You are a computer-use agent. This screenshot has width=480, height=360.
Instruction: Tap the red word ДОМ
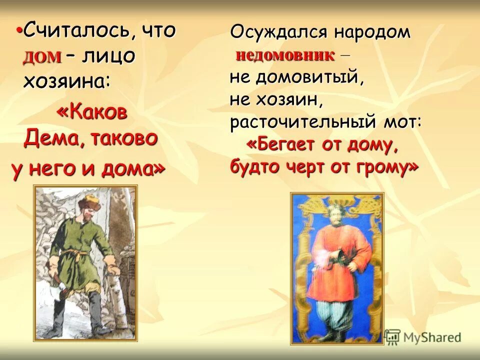tap(42, 57)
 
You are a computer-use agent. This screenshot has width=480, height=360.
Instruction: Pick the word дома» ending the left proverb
tap(133, 169)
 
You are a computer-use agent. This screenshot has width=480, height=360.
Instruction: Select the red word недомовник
tap(285, 55)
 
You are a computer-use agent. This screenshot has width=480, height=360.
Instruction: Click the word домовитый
tap(309, 77)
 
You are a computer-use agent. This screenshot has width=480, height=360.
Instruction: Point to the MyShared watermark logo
tap(422, 337)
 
